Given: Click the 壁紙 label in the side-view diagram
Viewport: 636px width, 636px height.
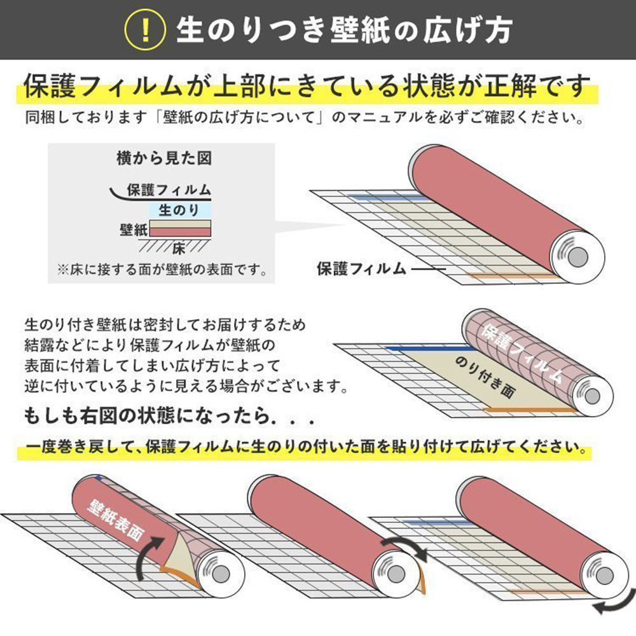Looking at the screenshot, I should coord(133,230).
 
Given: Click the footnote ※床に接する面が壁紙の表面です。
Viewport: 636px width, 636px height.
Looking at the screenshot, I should coord(162,270).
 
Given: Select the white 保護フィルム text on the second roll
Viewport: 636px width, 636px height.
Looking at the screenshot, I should coord(522,354).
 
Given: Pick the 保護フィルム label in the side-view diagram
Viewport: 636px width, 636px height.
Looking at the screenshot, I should coord(169,190).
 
